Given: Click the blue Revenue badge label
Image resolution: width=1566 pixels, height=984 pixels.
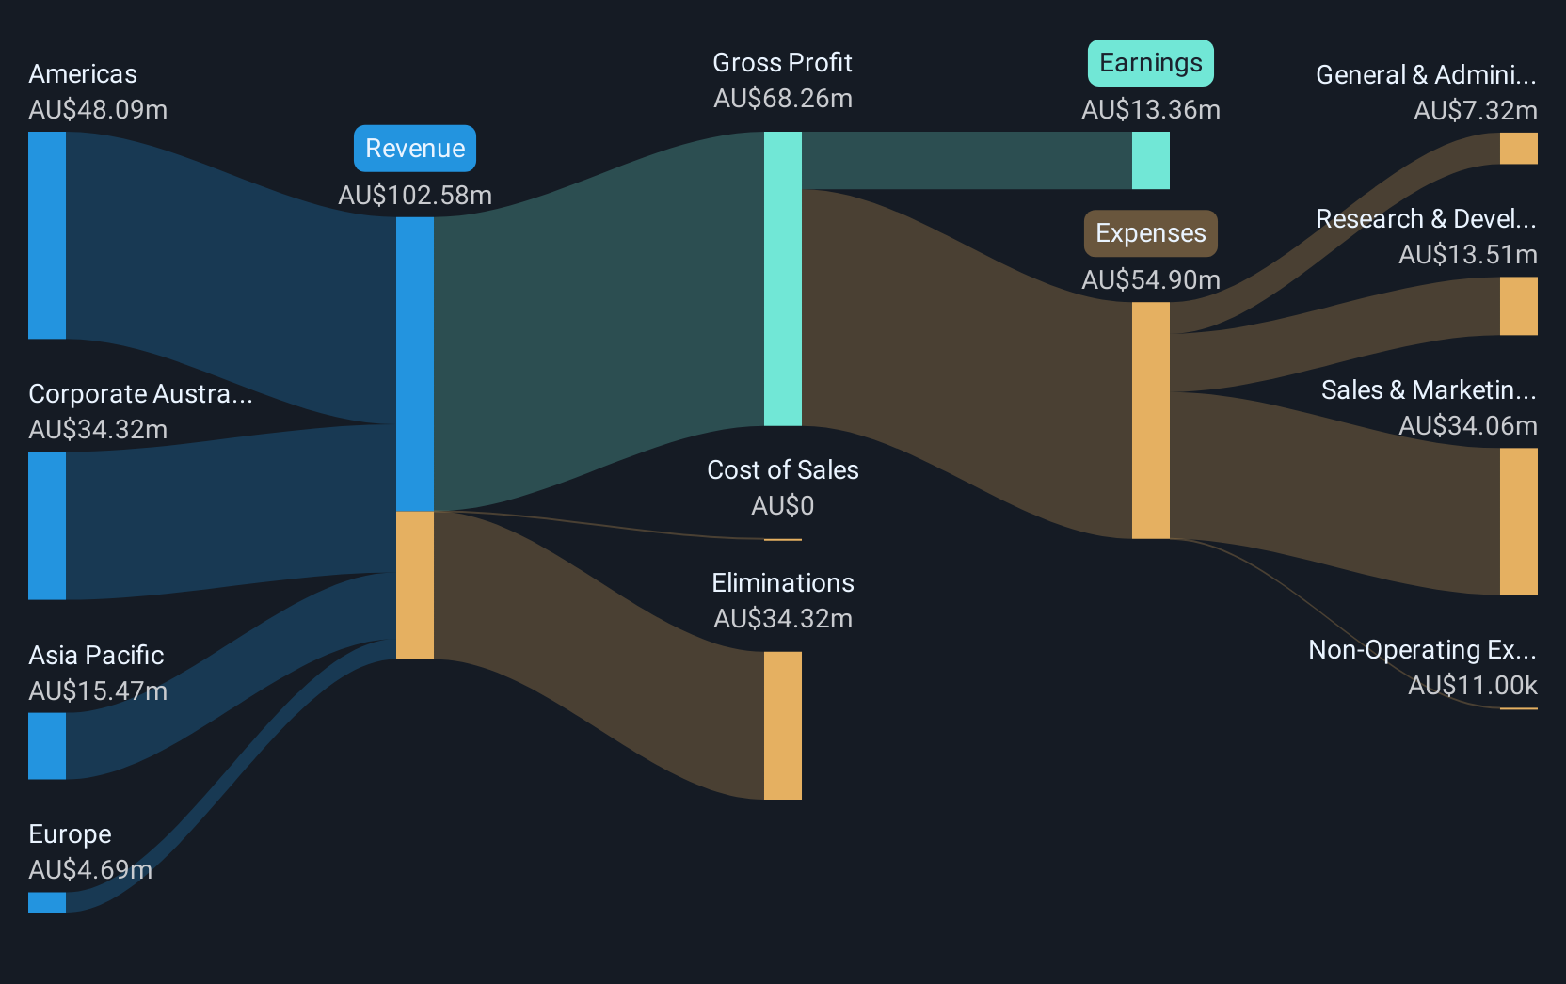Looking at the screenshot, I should tap(415, 149).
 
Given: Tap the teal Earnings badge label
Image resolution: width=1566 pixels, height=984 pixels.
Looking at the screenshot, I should tap(1150, 63).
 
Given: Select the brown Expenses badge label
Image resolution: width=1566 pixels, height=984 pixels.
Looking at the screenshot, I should tap(1150, 233).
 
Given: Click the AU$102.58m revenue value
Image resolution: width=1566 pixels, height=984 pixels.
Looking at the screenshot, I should tap(415, 195).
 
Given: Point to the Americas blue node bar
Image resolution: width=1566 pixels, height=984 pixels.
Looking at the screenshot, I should tap(47, 235).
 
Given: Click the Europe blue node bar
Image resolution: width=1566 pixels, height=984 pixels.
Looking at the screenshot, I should tap(47, 902).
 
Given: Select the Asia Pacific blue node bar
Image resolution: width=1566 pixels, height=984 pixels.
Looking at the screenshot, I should tap(47, 746).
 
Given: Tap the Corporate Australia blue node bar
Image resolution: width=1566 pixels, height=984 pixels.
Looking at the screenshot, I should tap(47, 526).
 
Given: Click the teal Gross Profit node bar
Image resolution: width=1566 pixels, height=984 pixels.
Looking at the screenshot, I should tap(782, 278).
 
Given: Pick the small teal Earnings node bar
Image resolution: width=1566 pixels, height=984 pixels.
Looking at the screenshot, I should tap(1150, 161).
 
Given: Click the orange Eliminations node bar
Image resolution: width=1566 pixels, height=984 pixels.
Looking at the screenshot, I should tap(782, 725).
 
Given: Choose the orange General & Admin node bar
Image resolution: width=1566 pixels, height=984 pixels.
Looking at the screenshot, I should tap(1518, 149).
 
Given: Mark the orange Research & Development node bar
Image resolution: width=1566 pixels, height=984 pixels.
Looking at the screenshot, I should tap(1518, 306).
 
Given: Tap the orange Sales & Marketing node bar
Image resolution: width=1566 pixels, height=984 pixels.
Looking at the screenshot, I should tap(1518, 521).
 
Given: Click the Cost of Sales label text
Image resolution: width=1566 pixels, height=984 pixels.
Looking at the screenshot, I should tap(782, 469).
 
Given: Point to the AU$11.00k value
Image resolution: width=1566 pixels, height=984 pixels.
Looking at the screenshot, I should tap(1472, 685).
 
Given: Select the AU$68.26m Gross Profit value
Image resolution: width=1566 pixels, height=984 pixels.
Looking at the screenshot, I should tap(782, 99).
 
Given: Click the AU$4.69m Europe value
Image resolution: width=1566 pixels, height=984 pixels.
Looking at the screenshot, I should tap(90, 869).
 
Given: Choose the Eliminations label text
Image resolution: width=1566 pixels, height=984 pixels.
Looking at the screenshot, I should tap(782, 583).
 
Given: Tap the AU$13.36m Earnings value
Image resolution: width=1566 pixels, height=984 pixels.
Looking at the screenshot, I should tap(1150, 110).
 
